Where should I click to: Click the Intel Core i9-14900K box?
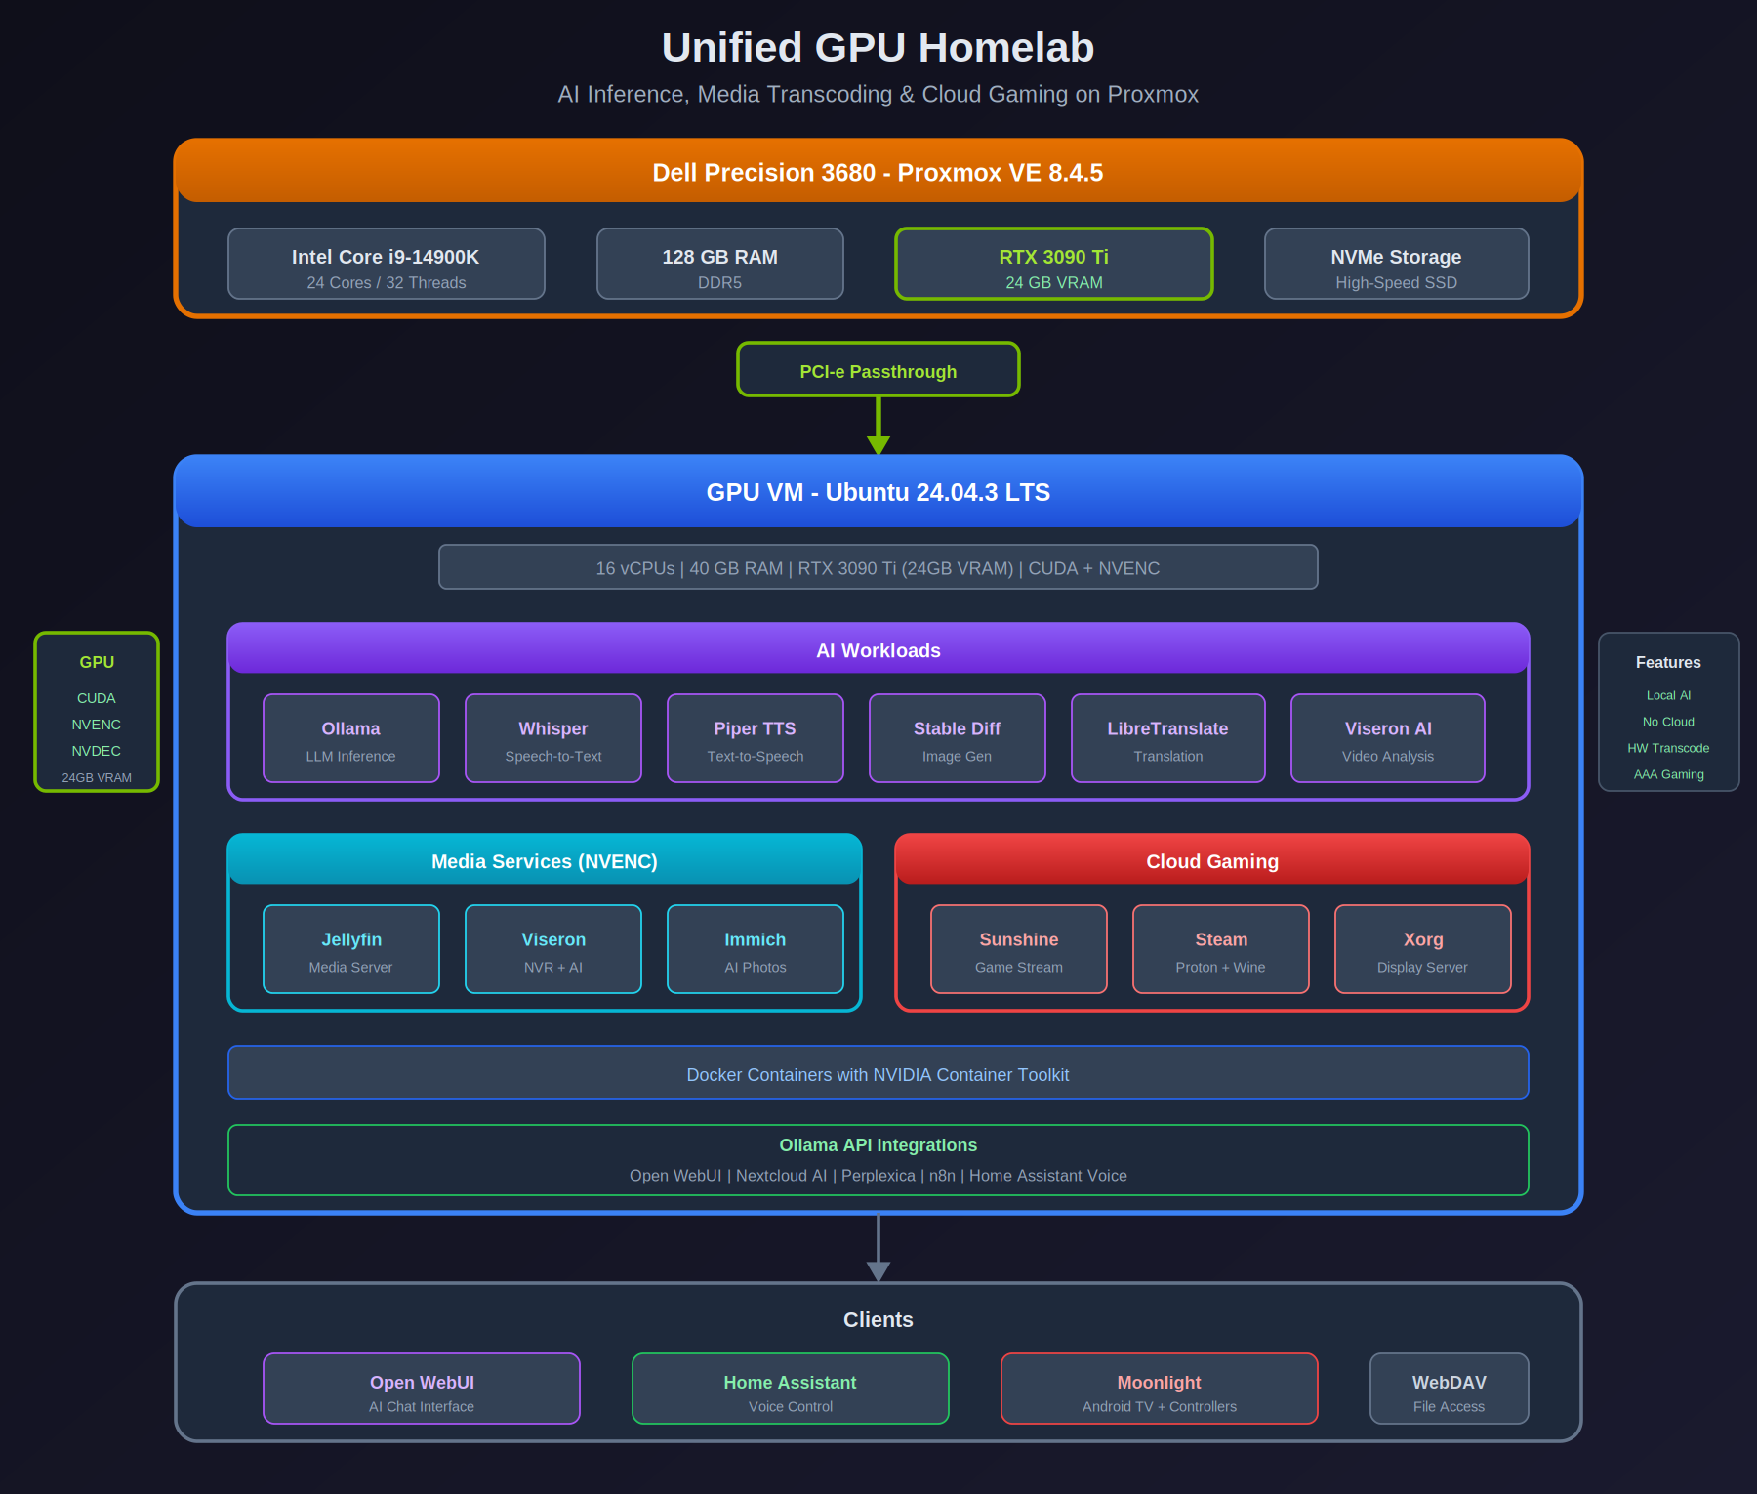point(386,264)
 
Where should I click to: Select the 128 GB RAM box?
point(719,264)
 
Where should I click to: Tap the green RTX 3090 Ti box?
point(1053,264)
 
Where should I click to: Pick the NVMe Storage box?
point(1396,264)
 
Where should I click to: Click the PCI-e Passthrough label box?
point(878,370)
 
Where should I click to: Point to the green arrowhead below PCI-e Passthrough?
point(878,444)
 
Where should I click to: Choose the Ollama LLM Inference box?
point(350,738)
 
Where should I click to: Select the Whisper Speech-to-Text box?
point(552,738)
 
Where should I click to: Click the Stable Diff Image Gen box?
point(957,738)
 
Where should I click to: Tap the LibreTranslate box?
point(1167,738)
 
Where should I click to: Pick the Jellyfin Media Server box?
point(350,949)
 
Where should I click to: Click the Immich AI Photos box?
point(755,949)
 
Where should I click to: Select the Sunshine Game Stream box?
point(1018,949)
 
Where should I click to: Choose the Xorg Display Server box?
point(1422,949)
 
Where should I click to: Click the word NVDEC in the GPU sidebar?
point(96,751)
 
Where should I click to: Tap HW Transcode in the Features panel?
point(1668,748)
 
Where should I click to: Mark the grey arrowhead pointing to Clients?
point(878,1270)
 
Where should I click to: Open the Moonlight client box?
point(1159,1389)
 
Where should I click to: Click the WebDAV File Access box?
point(1449,1389)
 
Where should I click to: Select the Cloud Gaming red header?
point(1211,860)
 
